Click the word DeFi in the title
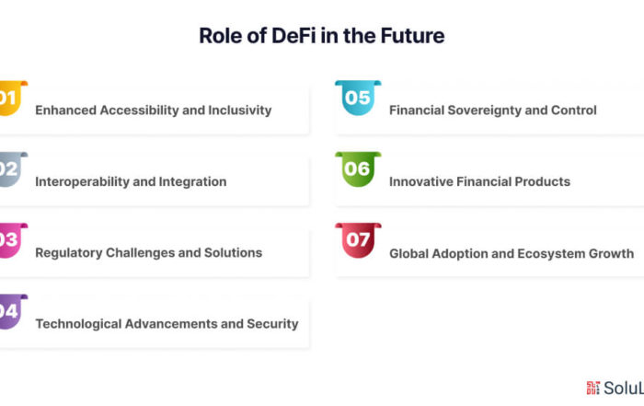[x=293, y=36]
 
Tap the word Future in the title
[x=412, y=36]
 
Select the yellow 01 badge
[x=12, y=99]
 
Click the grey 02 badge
[x=12, y=169]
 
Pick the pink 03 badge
[x=12, y=240]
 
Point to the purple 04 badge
[x=12, y=311]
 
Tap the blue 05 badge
[x=358, y=98]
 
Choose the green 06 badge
[x=358, y=168]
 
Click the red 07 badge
[x=358, y=240]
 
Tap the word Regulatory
[x=69, y=253]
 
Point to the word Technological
[x=78, y=324]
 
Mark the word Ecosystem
[x=551, y=254]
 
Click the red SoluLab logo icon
[x=593, y=388]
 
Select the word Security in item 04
[x=272, y=324]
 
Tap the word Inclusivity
[x=240, y=110]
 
